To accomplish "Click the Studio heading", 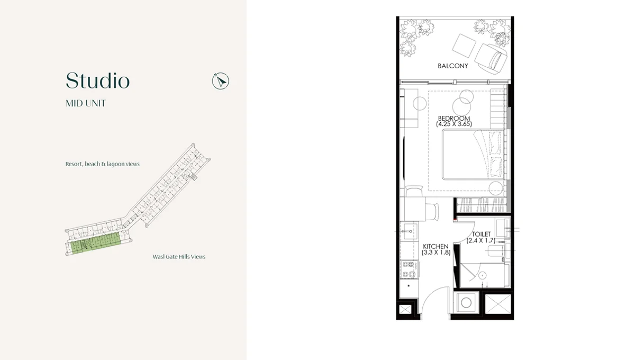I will [97, 81].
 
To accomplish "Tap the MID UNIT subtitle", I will [85, 104].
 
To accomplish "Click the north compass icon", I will [220, 81].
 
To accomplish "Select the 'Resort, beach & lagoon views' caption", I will [103, 164].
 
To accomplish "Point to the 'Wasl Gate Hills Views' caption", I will [179, 257].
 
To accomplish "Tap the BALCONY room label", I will [452, 66].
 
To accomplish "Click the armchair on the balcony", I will [490, 55].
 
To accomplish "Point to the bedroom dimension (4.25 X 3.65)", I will [453, 124].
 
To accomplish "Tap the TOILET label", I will [482, 234].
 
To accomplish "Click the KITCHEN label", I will [436, 247].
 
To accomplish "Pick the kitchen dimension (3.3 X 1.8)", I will [436, 253].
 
